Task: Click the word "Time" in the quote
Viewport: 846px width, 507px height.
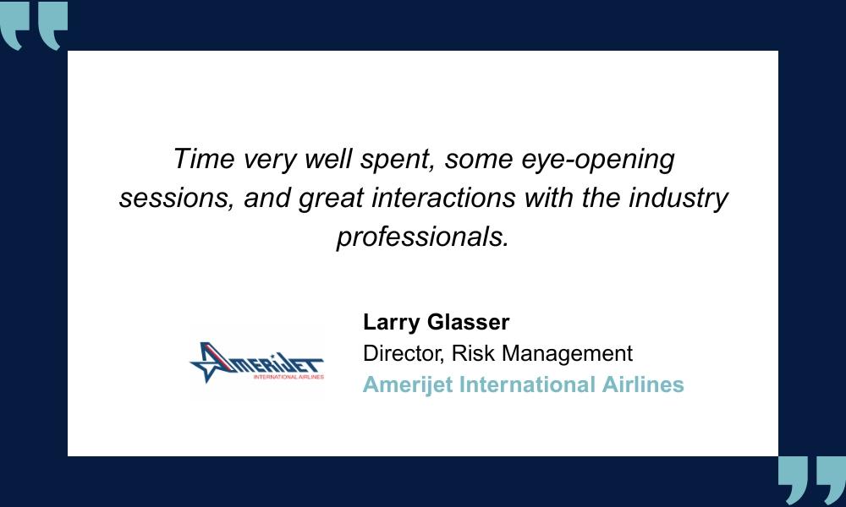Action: click(204, 159)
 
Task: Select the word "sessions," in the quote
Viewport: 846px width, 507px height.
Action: click(177, 199)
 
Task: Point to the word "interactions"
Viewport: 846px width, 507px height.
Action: click(443, 197)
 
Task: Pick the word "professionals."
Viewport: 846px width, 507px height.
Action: click(423, 237)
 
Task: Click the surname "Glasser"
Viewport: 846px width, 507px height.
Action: click(468, 322)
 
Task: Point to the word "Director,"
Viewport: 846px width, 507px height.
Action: click(404, 354)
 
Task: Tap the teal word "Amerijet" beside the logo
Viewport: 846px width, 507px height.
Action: click(408, 385)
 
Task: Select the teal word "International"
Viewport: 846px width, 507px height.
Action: click(527, 384)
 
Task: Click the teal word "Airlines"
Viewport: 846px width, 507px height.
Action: click(643, 384)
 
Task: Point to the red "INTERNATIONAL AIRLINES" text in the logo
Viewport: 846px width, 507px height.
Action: click(288, 377)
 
